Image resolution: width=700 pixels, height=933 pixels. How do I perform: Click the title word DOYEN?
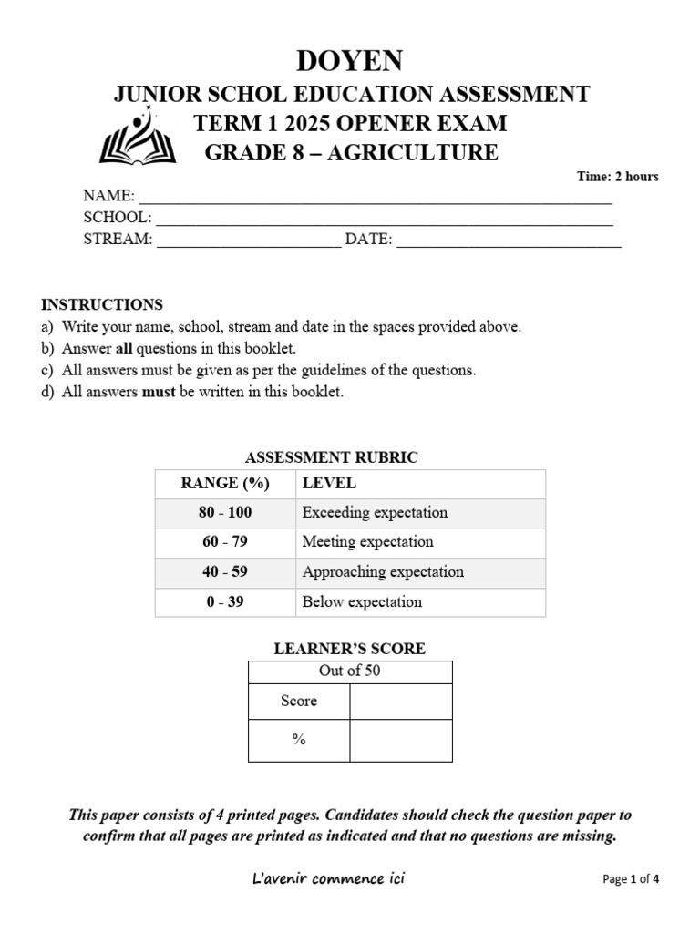tap(350, 61)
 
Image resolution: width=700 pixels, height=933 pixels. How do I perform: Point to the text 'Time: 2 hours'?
tap(617, 177)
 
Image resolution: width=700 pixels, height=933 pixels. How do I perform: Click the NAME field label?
tap(108, 196)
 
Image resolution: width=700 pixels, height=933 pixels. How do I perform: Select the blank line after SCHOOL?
tap(384, 219)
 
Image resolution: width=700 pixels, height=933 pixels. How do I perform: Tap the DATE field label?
tap(367, 240)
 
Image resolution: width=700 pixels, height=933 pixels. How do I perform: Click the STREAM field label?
tap(118, 240)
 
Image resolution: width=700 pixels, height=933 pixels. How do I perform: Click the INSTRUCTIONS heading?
tap(102, 304)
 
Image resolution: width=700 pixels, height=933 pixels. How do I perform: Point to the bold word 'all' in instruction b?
tap(125, 348)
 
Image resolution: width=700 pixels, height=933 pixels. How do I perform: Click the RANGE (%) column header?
tap(225, 483)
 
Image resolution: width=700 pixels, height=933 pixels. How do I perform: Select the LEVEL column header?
tap(329, 483)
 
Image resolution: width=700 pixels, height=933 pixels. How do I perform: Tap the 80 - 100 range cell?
tap(225, 512)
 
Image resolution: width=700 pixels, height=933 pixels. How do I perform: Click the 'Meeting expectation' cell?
tap(367, 542)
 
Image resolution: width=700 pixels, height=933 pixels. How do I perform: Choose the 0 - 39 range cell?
tap(225, 601)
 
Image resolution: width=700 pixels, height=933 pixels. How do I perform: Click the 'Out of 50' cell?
tap(349, 672)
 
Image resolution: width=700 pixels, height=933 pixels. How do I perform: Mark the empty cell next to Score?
tap(400, 701)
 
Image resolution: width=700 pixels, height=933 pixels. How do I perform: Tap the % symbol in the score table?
tap(299, 740)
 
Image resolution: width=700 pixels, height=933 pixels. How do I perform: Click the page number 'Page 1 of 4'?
tap(631, 879)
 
